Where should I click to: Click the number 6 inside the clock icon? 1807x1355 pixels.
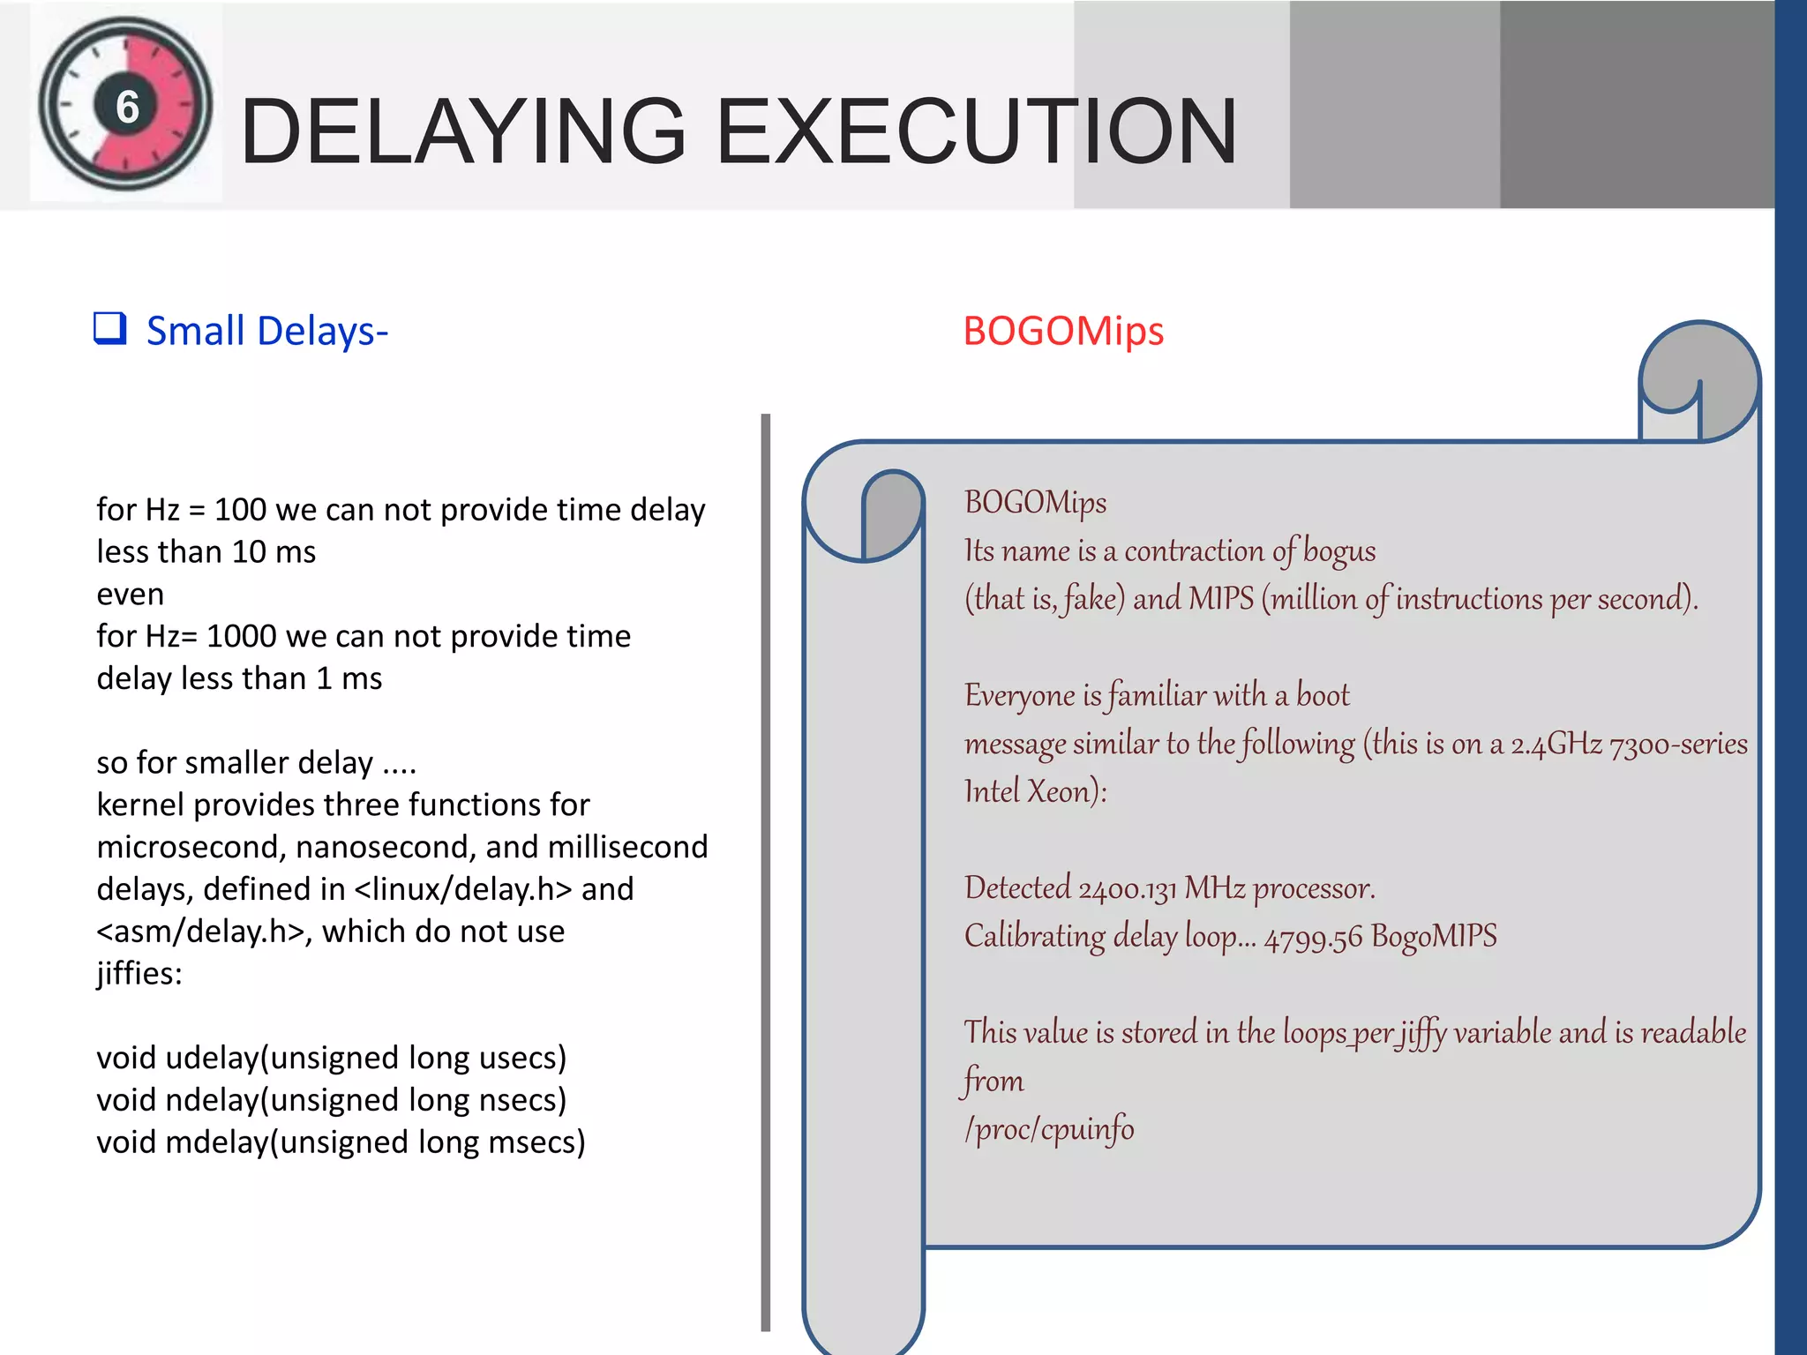(x=128, y=107)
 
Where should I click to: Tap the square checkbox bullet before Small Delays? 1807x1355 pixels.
(x=110, y=329)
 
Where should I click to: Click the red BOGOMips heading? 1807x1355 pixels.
(x=1063, y=332)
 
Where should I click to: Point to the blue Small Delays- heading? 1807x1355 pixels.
(x=266, y=332)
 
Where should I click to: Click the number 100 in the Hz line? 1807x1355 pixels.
(x=240, y=510)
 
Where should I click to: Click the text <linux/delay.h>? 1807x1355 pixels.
(x=463, y=889)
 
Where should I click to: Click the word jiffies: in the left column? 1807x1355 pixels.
(x=139, y=974)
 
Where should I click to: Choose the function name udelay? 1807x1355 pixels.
(x=213, y=1058)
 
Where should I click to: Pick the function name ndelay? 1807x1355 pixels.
(x=213, y=1100)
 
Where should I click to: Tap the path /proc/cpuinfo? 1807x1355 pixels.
(x=1049, y=1129)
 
